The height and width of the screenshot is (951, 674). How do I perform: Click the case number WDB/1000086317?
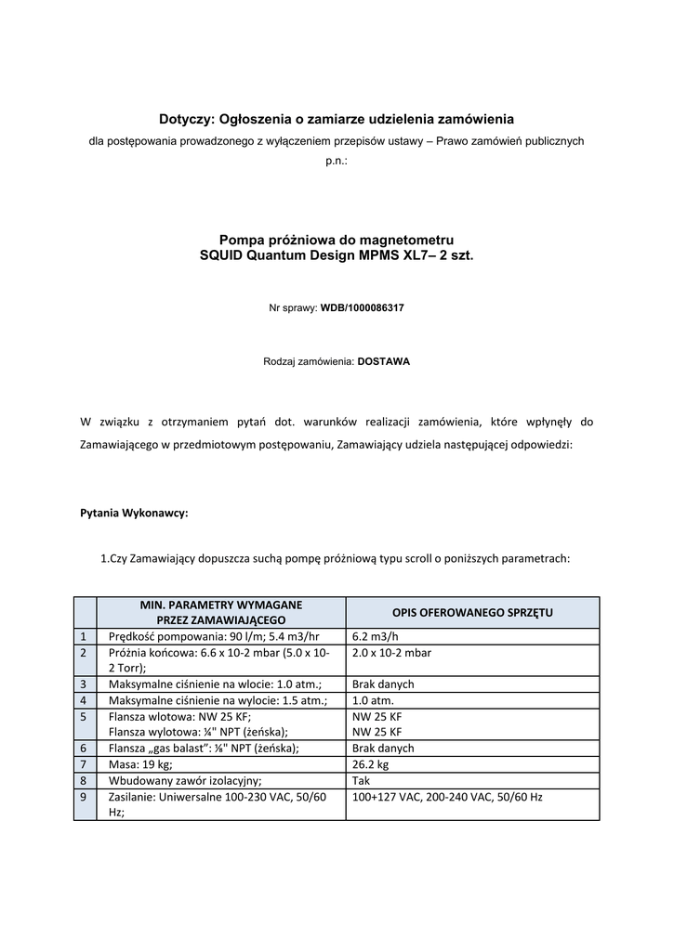point(363,306)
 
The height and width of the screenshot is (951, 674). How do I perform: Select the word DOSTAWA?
point(384,361)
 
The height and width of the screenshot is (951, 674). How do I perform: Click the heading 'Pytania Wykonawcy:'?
point(135,512)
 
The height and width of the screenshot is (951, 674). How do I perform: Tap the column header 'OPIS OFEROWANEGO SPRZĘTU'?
point(472,612)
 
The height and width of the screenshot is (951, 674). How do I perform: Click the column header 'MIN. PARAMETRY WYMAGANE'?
point(221,605)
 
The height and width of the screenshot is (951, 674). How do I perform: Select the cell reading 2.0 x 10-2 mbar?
point(392,652)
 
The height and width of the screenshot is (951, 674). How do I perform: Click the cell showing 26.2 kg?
point(371,764)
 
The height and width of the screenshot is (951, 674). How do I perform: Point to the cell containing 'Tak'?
point(362,780)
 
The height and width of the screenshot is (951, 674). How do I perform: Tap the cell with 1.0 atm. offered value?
point(372,700)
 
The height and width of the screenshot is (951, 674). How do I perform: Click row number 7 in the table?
point(84,764)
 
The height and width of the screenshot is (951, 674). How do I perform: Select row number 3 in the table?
point(84,684)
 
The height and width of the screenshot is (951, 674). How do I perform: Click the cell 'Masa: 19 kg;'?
point(140,764)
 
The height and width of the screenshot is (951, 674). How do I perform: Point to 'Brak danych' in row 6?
point(383,748)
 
